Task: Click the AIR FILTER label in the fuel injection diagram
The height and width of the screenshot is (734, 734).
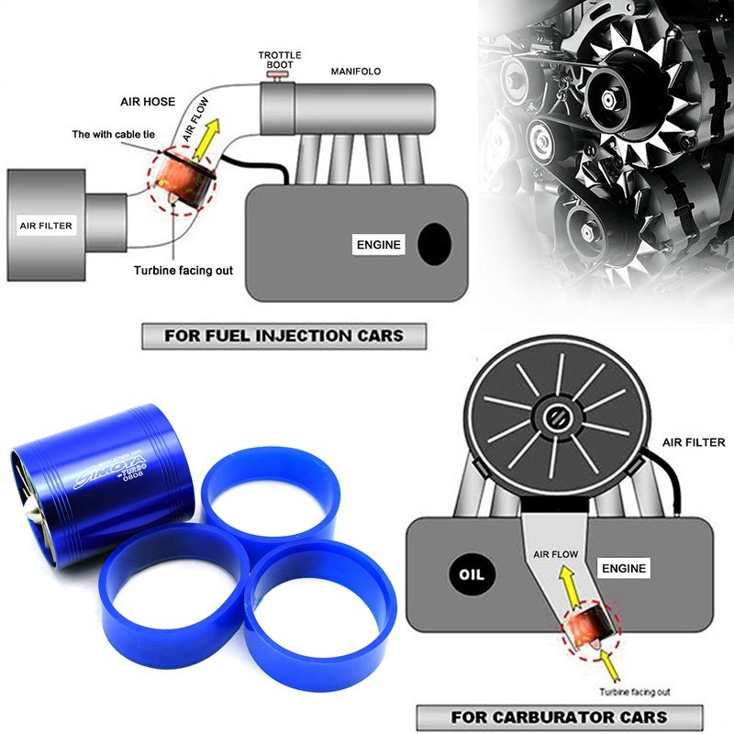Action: [x=46, y=223]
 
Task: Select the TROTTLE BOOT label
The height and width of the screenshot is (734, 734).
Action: [x=280, y=61]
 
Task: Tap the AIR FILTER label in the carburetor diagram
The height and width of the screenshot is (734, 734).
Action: [x=694, y=442]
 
